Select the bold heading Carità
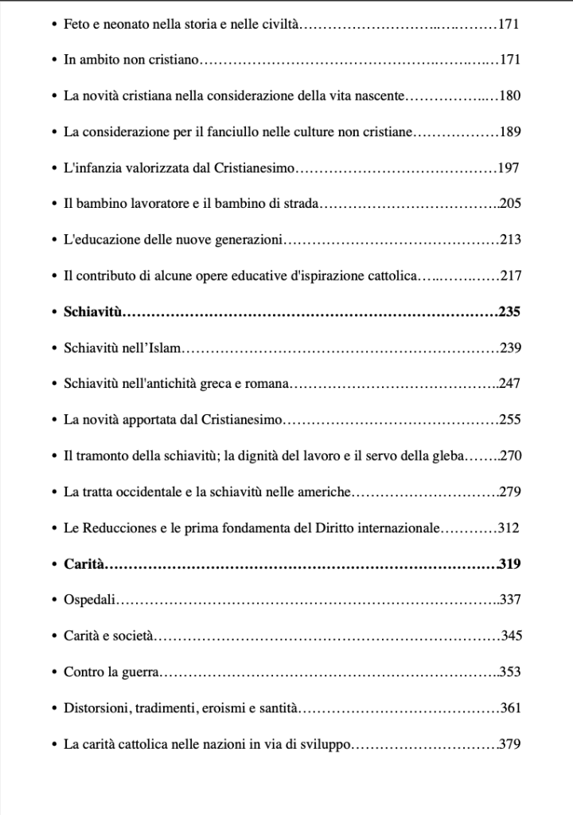coord(84,565)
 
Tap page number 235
coord(509,312)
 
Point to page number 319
coord(509,565)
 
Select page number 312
coord(507,528)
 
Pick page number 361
coord(509,708)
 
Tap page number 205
coord(509,205)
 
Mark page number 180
coord(509,96)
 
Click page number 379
coord(509,745)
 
